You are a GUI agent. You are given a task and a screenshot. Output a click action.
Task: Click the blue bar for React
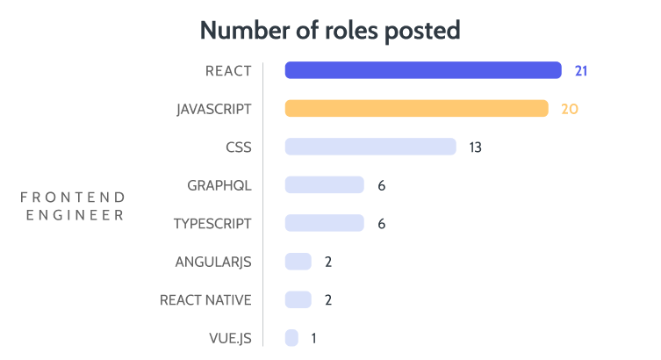[423, 70]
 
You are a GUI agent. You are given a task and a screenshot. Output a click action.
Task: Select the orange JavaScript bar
[416, 109]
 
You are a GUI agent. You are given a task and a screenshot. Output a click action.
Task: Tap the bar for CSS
[370, 147]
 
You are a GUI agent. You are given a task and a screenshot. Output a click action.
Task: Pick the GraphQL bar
[324, 184]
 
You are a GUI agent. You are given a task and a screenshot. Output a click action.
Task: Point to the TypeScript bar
[324, 223]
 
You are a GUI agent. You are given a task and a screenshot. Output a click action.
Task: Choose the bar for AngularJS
[298, 262]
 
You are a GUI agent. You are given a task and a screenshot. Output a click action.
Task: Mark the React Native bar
[298, 299]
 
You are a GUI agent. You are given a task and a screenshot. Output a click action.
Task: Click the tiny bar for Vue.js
[291, 338]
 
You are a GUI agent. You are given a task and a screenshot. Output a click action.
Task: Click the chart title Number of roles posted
[330, 30]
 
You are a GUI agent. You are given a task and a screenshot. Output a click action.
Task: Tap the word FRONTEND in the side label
[72, 197]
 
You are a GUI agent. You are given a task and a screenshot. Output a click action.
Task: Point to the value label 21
[580, 70]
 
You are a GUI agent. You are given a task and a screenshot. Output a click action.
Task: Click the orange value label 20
[570, 109]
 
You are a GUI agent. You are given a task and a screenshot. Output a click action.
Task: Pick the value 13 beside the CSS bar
[475, 147]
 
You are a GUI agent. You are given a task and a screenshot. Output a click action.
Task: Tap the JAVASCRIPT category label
[214, 109]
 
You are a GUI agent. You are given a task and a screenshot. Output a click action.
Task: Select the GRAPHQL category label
[219, 185]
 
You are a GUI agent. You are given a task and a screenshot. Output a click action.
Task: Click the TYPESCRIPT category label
[213, 223]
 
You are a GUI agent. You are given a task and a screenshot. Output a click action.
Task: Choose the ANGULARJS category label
[214, 262]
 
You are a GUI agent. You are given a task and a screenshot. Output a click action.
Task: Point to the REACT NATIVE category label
[205, 299]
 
